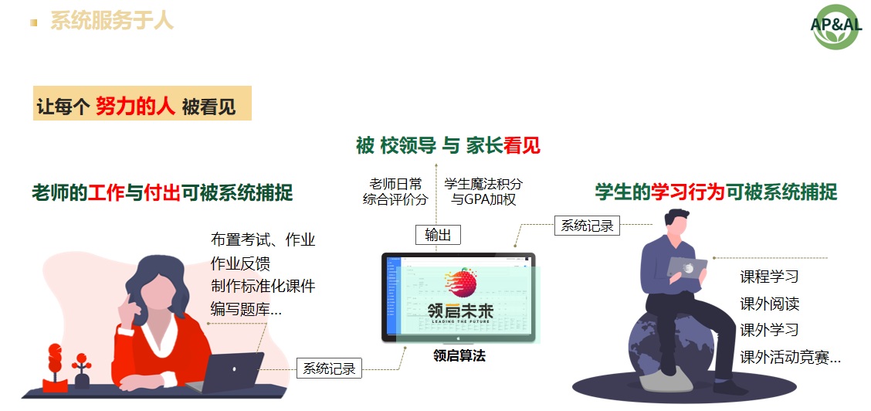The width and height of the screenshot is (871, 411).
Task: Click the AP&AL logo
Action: pos(836,26)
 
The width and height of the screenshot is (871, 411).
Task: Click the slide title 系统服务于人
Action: pos(112,21)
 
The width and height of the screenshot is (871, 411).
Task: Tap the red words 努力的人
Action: pos(135,106)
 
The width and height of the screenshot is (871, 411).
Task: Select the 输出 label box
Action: pos(438,235)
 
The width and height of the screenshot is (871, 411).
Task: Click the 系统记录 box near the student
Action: pos(587,226)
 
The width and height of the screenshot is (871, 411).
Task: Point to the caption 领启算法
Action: pos(459,356)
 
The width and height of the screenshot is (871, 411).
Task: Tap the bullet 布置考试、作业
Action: pos(263,239)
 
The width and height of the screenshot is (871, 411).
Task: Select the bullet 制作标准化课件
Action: pos(263,286)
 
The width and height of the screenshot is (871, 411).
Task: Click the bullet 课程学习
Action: pos(769,277)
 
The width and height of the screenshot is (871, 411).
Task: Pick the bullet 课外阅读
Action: pos(769,304)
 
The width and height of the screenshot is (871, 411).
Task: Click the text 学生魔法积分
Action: pos(483,184)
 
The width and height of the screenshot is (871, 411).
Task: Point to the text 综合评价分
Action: pos(395,199)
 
